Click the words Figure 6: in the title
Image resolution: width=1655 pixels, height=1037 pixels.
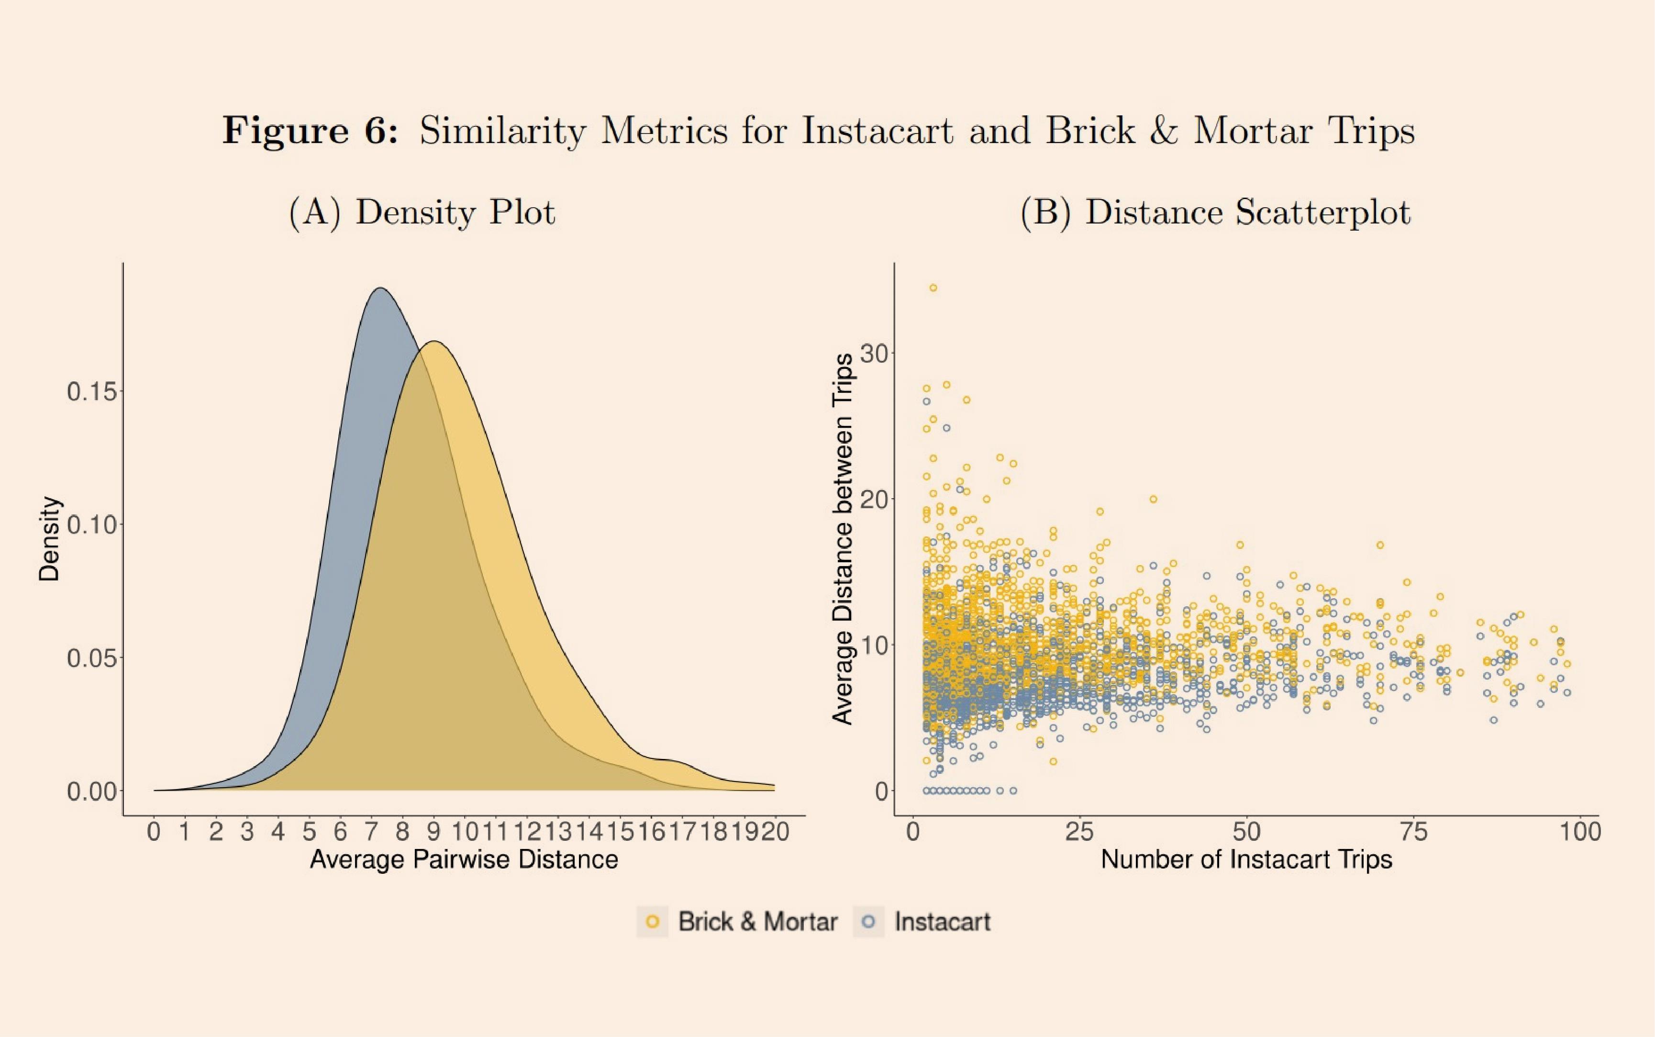(310, 130)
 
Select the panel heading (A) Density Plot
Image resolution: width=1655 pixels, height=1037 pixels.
(422, 212)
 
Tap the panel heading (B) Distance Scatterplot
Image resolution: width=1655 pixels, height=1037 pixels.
(1215, 212)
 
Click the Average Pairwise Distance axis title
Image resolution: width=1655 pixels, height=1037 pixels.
(464, 859)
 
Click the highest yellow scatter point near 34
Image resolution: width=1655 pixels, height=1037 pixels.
(933, 288)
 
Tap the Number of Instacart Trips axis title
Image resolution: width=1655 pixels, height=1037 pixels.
(1246, 859)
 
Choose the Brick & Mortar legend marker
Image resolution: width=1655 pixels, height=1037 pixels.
(653, 922)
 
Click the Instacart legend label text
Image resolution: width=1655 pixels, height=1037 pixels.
(942, 922)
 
